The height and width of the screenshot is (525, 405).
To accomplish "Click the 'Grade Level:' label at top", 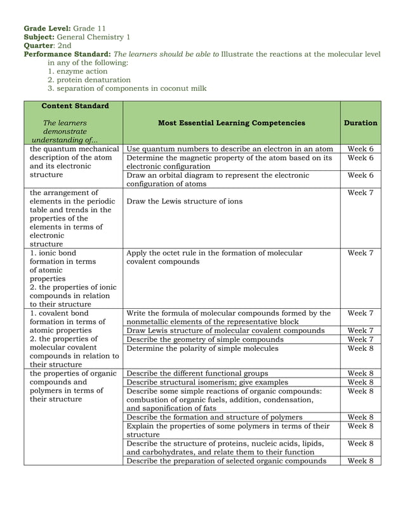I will (x=47, y=29).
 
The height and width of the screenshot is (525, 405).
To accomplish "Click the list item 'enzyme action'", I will (x=82, y=71).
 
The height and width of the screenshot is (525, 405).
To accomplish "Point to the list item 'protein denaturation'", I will (x=94, y=80).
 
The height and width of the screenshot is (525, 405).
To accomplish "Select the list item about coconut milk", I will (x=131, y=89).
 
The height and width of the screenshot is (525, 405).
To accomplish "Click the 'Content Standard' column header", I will (x=74, y=106).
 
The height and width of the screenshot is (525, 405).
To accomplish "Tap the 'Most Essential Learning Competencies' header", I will (x=231, y=123).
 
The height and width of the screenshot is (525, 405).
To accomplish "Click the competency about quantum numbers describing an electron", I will (x=230, y=149).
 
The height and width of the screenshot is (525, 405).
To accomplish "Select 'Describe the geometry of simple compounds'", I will (x=204, y=339).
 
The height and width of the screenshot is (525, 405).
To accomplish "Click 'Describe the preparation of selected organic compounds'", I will (x=226, y=461).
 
